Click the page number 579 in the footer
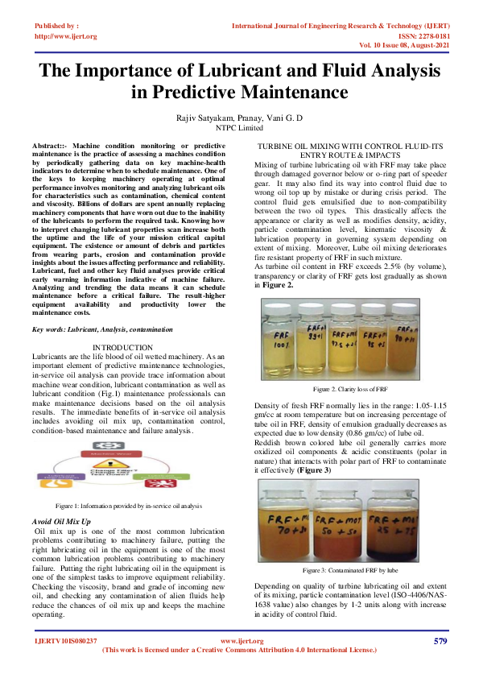click(x=440, y=641)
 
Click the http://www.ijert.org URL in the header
click(x=66, y=37)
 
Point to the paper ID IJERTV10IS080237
click(x=66, y=641)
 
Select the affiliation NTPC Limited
click(x=240, y=127)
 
